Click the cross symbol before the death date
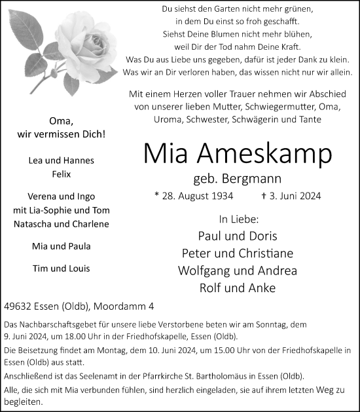[262, 195]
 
